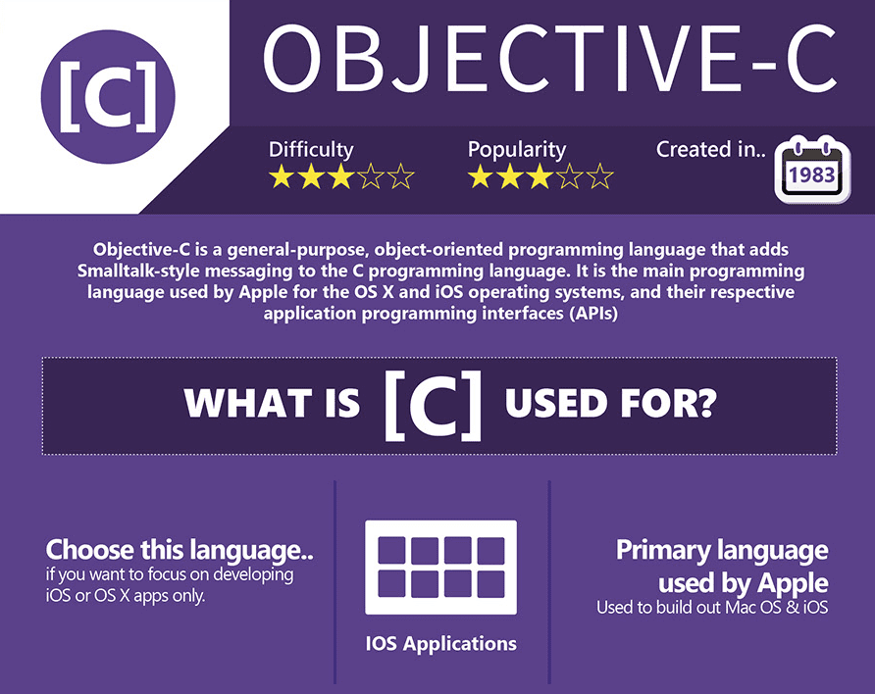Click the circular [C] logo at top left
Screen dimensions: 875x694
click(108, 97)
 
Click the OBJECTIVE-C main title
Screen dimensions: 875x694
click(549, 60)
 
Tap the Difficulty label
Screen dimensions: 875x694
click(311, 149)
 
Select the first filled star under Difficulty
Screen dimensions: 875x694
click(282, 176)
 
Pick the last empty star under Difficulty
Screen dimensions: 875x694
click(400, 176)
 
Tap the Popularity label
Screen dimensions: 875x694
click(517, 149)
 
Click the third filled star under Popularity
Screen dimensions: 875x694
click(540, 176)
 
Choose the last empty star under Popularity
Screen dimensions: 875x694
click(600, 176)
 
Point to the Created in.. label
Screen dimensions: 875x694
click(711, 149)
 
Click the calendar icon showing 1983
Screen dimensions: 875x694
click(812, 170)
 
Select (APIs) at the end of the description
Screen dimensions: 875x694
click(593, 314)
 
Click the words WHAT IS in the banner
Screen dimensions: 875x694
click(272, 403)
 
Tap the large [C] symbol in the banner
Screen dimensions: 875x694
click(433, 405)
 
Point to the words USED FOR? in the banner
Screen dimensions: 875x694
click(610, 403)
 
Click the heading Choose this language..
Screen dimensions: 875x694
click(180, 550)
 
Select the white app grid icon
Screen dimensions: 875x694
click(440, 568)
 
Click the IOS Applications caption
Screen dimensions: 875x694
click(440, 644)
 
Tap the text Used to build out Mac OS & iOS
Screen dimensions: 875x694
click(712, 608)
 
